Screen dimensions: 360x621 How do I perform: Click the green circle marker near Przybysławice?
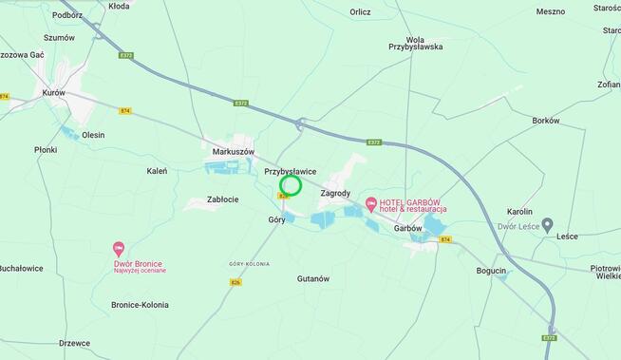pos(292,185)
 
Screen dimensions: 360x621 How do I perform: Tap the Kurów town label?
pos(53,93)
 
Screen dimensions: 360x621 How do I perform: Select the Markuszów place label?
pos(234,152)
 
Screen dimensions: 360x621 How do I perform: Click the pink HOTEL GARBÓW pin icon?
pos(371,203)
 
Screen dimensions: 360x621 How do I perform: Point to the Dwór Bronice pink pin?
pos(119,249)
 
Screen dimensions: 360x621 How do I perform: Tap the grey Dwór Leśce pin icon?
pos(547,225)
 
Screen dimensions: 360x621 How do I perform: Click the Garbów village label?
pos(407,228)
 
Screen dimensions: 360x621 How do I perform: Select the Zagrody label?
pos(335,193)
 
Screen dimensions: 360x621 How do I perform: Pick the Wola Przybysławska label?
pos(415,42)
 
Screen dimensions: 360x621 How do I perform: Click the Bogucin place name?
pos(491,271)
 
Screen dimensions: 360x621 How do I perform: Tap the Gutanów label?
pos(312,278)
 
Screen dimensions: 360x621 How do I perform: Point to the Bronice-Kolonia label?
pos(140,305)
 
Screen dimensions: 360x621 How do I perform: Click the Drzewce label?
pos(74,343)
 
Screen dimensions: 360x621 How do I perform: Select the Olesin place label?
pos(93,135)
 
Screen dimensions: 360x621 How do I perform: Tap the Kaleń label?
pos(157,171)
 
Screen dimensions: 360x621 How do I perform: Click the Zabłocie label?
pos(223,199)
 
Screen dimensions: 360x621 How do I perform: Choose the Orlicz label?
pos(360,12)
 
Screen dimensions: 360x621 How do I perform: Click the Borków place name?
pos(546,121)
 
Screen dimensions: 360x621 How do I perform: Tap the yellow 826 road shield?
pos(235,282)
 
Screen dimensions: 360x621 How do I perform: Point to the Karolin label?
pos(519,211)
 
